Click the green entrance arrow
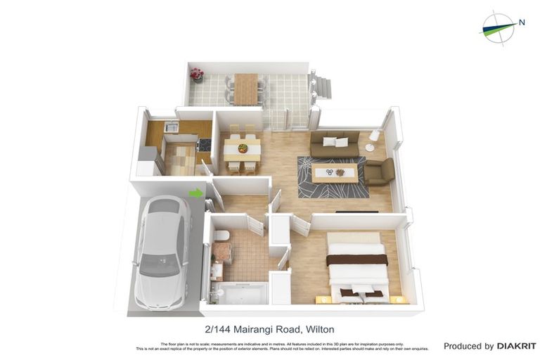click(196, 193)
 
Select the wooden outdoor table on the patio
click(246, 88)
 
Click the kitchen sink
click(171, 127)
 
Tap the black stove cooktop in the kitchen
click(205, 144)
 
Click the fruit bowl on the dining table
click(243, 148)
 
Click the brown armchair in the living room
click(380, 172)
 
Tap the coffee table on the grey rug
click(334, 173)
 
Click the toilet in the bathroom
click(221, 236)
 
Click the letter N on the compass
click(522, 22)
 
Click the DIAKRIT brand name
click(517, 346)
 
